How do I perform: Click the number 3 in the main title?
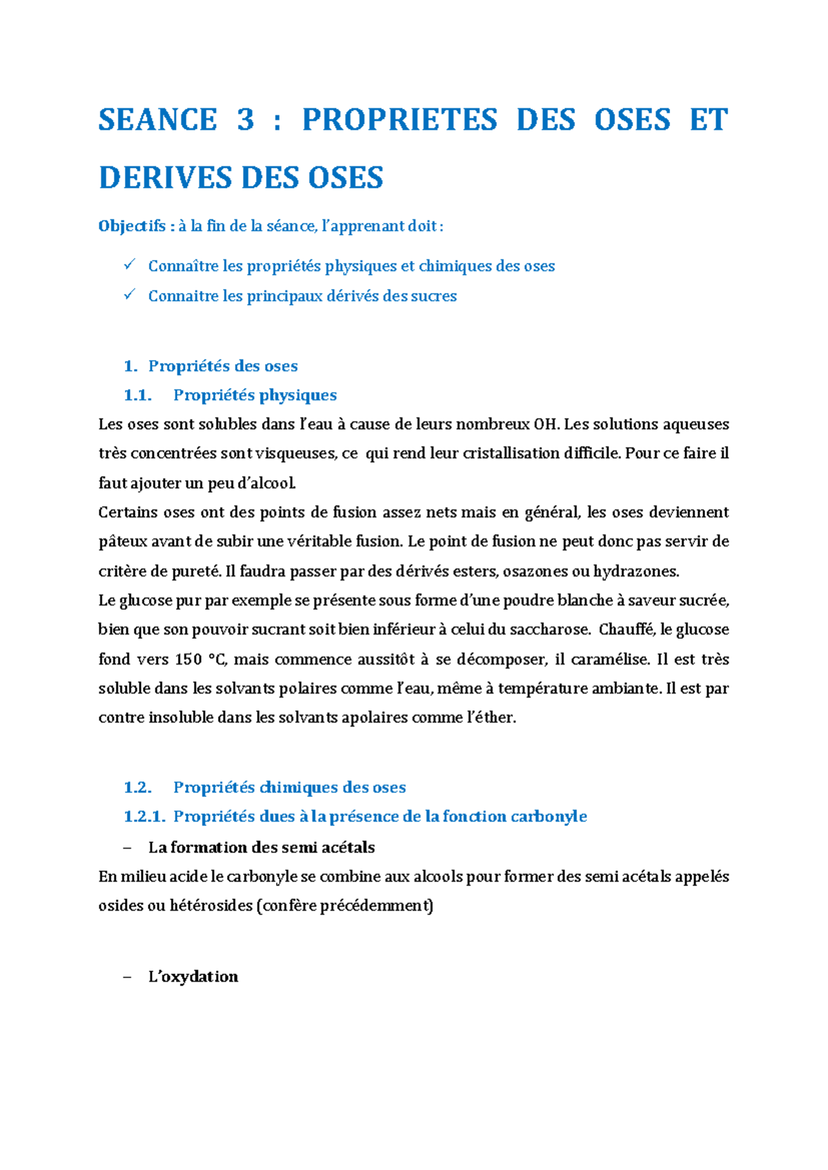[246, 120]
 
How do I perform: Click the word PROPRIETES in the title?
[400, 120]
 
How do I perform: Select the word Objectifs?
[132, 226]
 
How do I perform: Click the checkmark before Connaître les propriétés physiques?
[129, 265]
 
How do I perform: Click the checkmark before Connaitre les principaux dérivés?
[129, 295]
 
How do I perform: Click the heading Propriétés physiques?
[255, 395]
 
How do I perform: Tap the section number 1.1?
[137, 395]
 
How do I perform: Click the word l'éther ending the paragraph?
[491, 718]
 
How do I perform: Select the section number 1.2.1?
[144, 817]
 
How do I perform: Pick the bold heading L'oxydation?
[193, 977]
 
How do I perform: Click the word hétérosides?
[211, 906]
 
